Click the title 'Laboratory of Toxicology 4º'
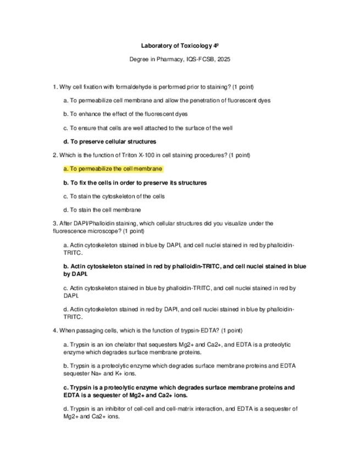[180, 46]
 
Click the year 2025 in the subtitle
[224, 59]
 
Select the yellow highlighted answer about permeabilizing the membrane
[113, 169]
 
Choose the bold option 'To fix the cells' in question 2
[135, 182]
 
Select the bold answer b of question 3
[184, 269]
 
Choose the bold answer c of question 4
[179, 391]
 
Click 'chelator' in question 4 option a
[122, 345]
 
